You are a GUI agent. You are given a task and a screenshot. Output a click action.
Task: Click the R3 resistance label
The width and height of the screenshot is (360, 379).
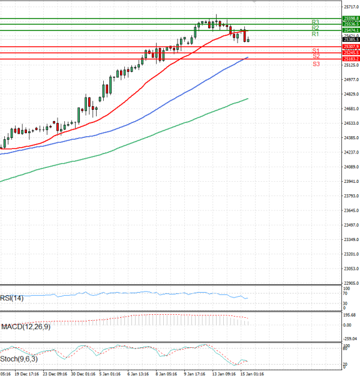[315, 22]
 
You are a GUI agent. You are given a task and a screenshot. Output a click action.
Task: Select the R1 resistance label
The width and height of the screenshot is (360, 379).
[315, 34]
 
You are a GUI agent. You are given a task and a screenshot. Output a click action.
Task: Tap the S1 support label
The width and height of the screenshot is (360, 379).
[316, 51]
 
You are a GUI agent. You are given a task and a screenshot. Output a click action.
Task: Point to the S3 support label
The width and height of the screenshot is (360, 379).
[316, 63]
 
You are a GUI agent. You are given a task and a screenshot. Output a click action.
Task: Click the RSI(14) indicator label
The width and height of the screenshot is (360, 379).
[11, 297]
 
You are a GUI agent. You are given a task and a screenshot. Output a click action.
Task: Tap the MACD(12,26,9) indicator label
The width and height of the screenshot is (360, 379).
[25, 326]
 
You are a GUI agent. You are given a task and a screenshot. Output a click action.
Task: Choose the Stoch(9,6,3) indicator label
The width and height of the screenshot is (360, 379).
[17, 359]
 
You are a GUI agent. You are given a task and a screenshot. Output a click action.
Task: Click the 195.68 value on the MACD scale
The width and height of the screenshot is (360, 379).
[350, 315]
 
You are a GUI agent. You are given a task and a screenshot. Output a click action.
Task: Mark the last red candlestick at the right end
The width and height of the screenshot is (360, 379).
[245, 34]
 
